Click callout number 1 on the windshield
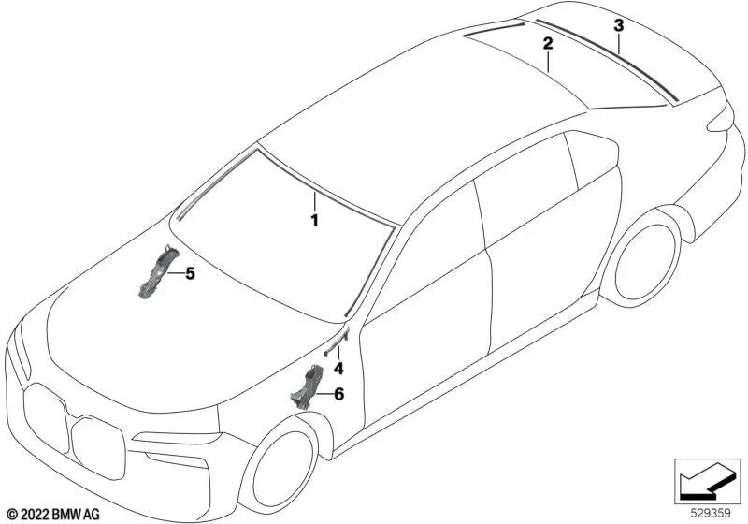(x=315, y=221)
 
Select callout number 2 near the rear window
(x=548, y=43)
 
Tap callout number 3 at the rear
(x=618, y=26)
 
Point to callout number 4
(x=338, y=369)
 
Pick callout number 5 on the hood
(x=190, y=274)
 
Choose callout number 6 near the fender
(x=338, y=395)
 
